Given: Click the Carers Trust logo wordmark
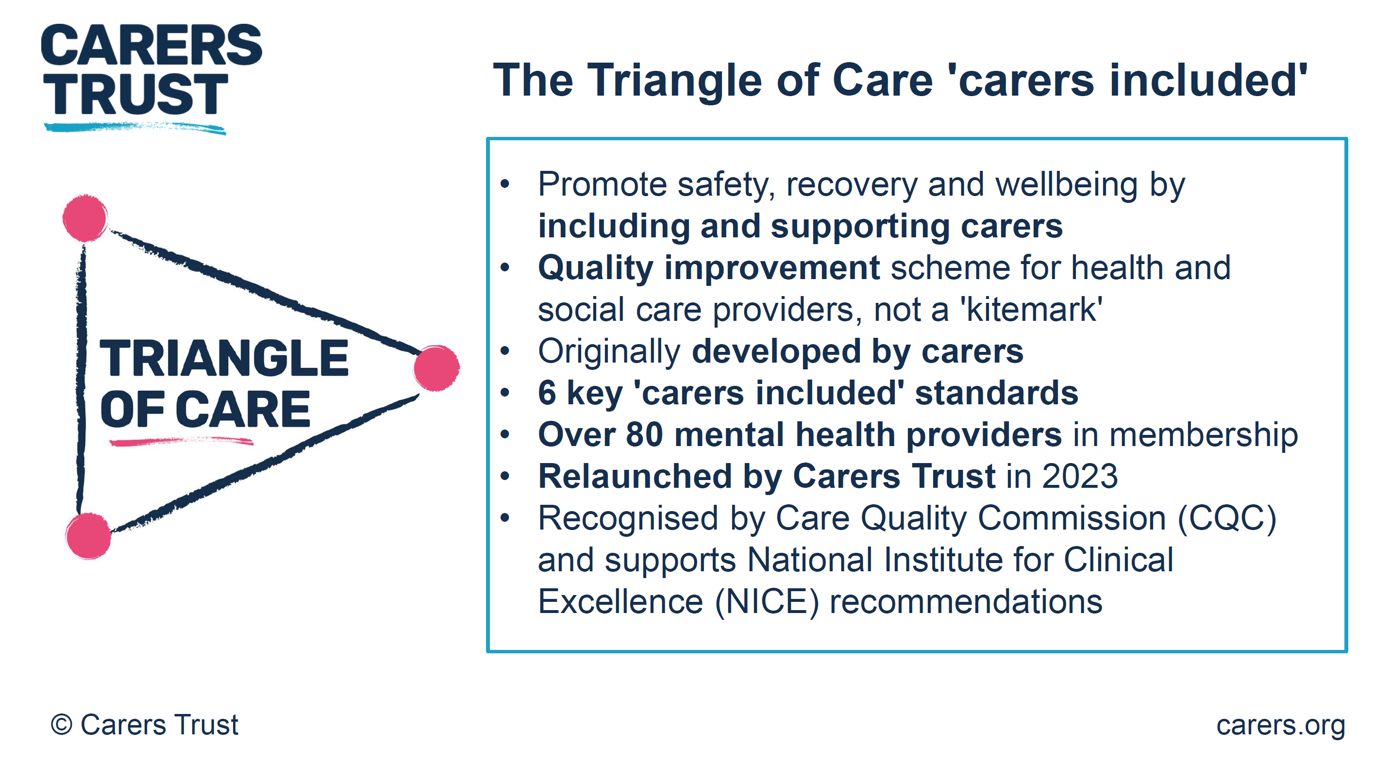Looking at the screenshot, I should click(151, 69).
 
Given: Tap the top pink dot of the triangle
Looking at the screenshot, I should click(85, 218).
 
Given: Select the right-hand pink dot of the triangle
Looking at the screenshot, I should click(436, 367).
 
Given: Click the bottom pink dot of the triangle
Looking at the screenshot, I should click(88, 536).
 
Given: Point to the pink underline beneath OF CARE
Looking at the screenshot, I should click(181, 441).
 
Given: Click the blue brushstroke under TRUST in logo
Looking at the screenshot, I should click(134, 128).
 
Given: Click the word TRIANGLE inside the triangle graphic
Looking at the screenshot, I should click(224, 358).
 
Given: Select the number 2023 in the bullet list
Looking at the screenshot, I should click(1079, 476).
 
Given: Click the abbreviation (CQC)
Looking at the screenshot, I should click(1226, 518).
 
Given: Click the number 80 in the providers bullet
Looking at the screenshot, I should click(644, 434).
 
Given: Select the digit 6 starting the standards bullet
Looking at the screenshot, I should click(547, 393).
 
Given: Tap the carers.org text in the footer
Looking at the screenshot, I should click(1280, 725).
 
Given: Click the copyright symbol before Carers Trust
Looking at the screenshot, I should click(61, 725).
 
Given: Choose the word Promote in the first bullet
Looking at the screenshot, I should click(602, 184).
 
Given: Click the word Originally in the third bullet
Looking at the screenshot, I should click(608, 351).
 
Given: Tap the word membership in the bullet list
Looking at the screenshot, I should click(1203, 434).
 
